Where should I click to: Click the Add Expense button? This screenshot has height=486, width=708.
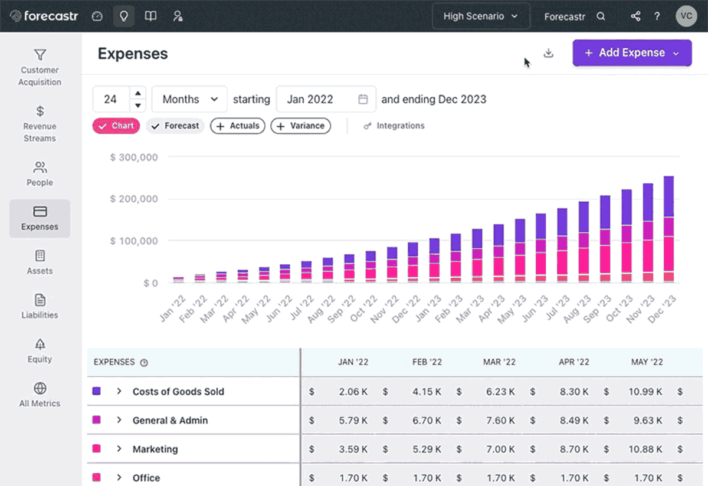tap(631, 53)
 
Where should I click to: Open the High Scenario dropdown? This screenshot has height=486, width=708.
tap(480, 17)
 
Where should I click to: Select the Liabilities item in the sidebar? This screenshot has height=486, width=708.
tap(40, 306)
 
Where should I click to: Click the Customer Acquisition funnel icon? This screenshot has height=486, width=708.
tap(40, 55)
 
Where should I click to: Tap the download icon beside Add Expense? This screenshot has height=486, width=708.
tap(549, 53)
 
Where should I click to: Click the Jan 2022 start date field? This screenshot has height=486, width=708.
tap(326, 99)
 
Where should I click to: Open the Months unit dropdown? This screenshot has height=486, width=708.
tap(189, 99)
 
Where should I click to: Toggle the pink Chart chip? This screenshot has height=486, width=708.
tap(116, 126)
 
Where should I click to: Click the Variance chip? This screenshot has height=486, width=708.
tap(300, 126)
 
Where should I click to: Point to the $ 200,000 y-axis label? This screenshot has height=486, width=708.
tap(134, 199)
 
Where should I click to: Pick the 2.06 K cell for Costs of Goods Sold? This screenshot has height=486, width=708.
tap(353, 391)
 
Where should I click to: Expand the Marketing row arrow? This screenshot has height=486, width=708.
tap(119, 449)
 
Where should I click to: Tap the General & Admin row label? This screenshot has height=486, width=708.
tap(170, 421)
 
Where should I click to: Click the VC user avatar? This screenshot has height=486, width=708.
tap(686, 17)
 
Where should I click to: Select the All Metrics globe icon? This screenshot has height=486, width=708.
tap(40, 389)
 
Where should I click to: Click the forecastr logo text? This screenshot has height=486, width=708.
tap(51, 17)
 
